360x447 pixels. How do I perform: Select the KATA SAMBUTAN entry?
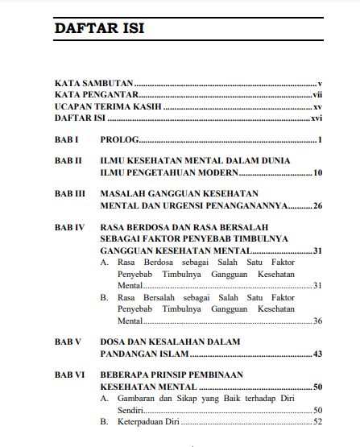[x=93, y=83]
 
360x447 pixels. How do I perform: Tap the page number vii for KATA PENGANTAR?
[x=317, y=94]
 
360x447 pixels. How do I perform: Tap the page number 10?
[x=317, y=172]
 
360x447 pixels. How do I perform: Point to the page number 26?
[x=317, y=205]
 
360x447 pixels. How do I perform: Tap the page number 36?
[x=317, y=320]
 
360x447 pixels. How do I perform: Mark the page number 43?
[x=317, y=353]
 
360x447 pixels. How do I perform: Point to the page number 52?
[x=317, y=421]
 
